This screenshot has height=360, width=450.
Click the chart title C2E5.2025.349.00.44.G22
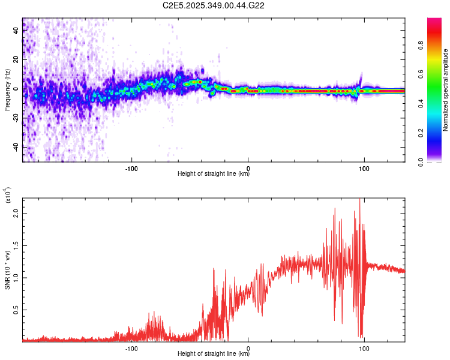214,5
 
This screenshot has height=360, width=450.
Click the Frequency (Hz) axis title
7,90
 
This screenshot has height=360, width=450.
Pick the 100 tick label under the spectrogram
364,167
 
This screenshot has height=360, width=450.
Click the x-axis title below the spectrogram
214,174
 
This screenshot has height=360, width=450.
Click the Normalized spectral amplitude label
446,90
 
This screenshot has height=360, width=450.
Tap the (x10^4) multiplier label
7,196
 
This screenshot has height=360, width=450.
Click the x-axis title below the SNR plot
214,353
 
